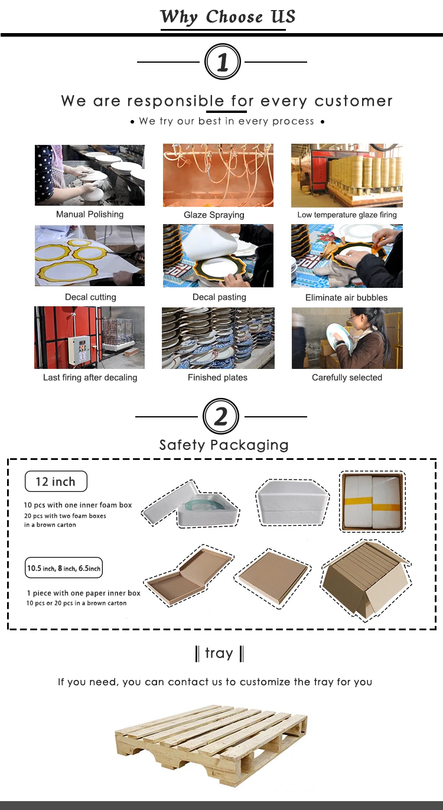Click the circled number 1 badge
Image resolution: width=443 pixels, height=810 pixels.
222,61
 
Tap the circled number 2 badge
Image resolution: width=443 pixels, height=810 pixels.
221,416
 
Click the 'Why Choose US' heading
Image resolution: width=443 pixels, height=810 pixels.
227,17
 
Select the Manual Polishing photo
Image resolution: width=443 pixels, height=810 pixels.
90,175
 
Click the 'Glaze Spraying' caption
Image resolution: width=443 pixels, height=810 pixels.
214,215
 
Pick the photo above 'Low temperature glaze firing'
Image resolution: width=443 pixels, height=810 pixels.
347,176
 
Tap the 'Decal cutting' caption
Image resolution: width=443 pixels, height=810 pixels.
90,297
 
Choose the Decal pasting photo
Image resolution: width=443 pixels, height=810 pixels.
218,255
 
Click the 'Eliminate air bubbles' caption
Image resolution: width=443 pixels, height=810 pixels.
346,297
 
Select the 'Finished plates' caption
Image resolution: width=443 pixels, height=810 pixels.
217,378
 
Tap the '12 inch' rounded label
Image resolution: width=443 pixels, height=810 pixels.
56,481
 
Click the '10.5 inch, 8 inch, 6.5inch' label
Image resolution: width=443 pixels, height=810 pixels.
64,568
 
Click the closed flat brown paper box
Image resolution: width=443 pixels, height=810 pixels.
272,578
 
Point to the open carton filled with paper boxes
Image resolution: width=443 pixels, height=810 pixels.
366,579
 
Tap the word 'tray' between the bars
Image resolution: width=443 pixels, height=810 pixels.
219,653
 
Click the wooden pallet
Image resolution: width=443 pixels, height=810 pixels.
211,745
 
